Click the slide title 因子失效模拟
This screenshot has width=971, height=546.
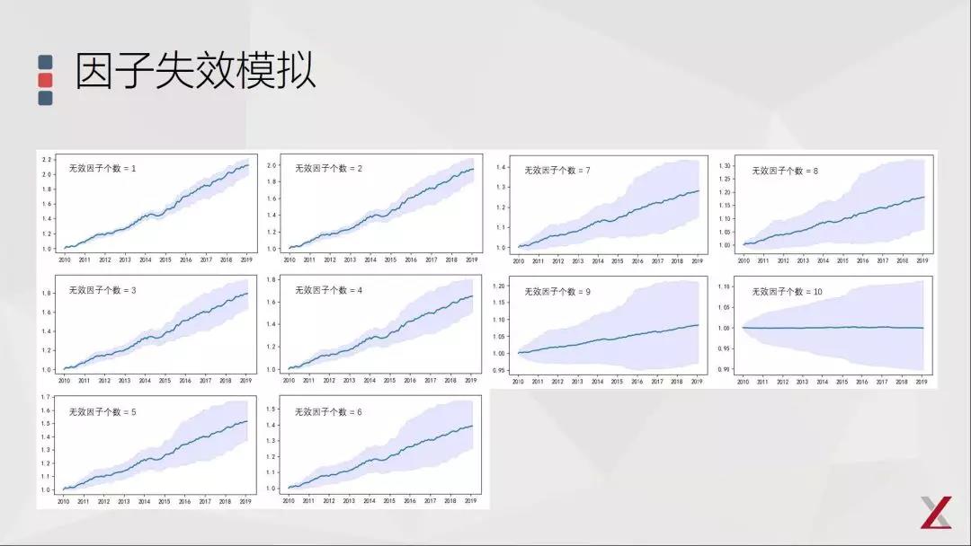click(x=195, y=71)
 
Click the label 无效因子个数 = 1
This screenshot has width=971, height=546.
click(x=102, y=168)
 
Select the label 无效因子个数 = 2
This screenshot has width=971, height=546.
click(x=328, y=168)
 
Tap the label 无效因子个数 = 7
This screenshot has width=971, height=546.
click(x=557, y=170)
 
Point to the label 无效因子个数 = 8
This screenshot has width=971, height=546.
click(x=785, y=170)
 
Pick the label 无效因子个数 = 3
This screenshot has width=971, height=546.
click(x=102, y=291)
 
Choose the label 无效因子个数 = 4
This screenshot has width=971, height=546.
click(x=328, y=291)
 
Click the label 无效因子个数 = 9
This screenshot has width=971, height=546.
click(x=557, y=292)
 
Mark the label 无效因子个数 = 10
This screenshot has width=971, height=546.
click(x=787, y=292)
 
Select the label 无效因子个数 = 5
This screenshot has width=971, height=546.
click(x=102, y=412)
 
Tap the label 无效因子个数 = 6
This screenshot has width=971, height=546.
click(x=328, y=412)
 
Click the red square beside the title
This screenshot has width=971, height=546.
click(x=45, y=80)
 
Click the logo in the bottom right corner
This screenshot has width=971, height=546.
click(x=936, y=512)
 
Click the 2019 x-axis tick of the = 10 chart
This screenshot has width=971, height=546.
click(x=922, y=382)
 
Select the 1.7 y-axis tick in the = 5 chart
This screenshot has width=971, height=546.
click(x=46, y=396)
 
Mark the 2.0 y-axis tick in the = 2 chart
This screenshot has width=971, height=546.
click(x=272, y=165)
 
